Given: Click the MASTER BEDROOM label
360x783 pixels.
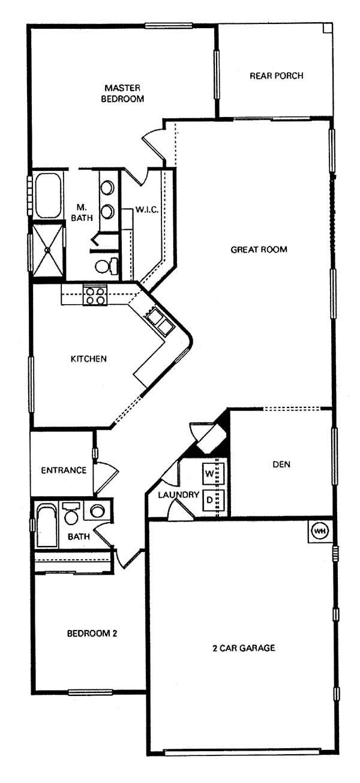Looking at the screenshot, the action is (x=122, y=94).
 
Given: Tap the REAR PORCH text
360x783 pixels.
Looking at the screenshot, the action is (x=277, y=76).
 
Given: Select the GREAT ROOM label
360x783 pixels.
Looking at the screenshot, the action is (x=259, y=250).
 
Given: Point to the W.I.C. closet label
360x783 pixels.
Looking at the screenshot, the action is (x=147, y=210).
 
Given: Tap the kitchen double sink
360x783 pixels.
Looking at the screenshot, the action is (x=160, y=322).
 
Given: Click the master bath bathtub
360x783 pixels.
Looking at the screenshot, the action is (x=48, y=196).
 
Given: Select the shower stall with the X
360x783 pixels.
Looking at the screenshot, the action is (x=47, y=250).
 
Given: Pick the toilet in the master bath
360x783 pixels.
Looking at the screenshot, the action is (x=107, y=266).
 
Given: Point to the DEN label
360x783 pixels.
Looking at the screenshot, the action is (x=281, y=464).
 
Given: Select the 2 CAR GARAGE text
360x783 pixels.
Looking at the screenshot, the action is (x=244, y=648).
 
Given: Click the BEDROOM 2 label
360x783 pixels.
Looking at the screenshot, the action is (x=92, y=634).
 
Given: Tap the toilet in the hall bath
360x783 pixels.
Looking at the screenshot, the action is (x=71, y=513).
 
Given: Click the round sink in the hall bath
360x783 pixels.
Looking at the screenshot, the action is (x=97, y=511).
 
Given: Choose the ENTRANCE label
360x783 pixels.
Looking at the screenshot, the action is (x=64, y=470).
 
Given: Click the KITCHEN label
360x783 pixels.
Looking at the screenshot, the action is (x=89, y=359).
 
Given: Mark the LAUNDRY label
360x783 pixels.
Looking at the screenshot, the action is (x=179, y=494).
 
